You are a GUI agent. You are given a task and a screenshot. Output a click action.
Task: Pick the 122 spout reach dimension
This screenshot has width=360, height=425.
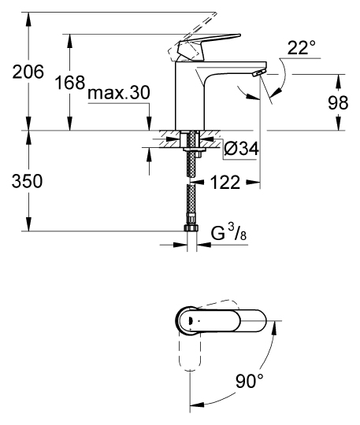(x=225, y=183)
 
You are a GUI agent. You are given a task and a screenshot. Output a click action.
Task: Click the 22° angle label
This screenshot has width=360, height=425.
(x=301, y=48)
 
